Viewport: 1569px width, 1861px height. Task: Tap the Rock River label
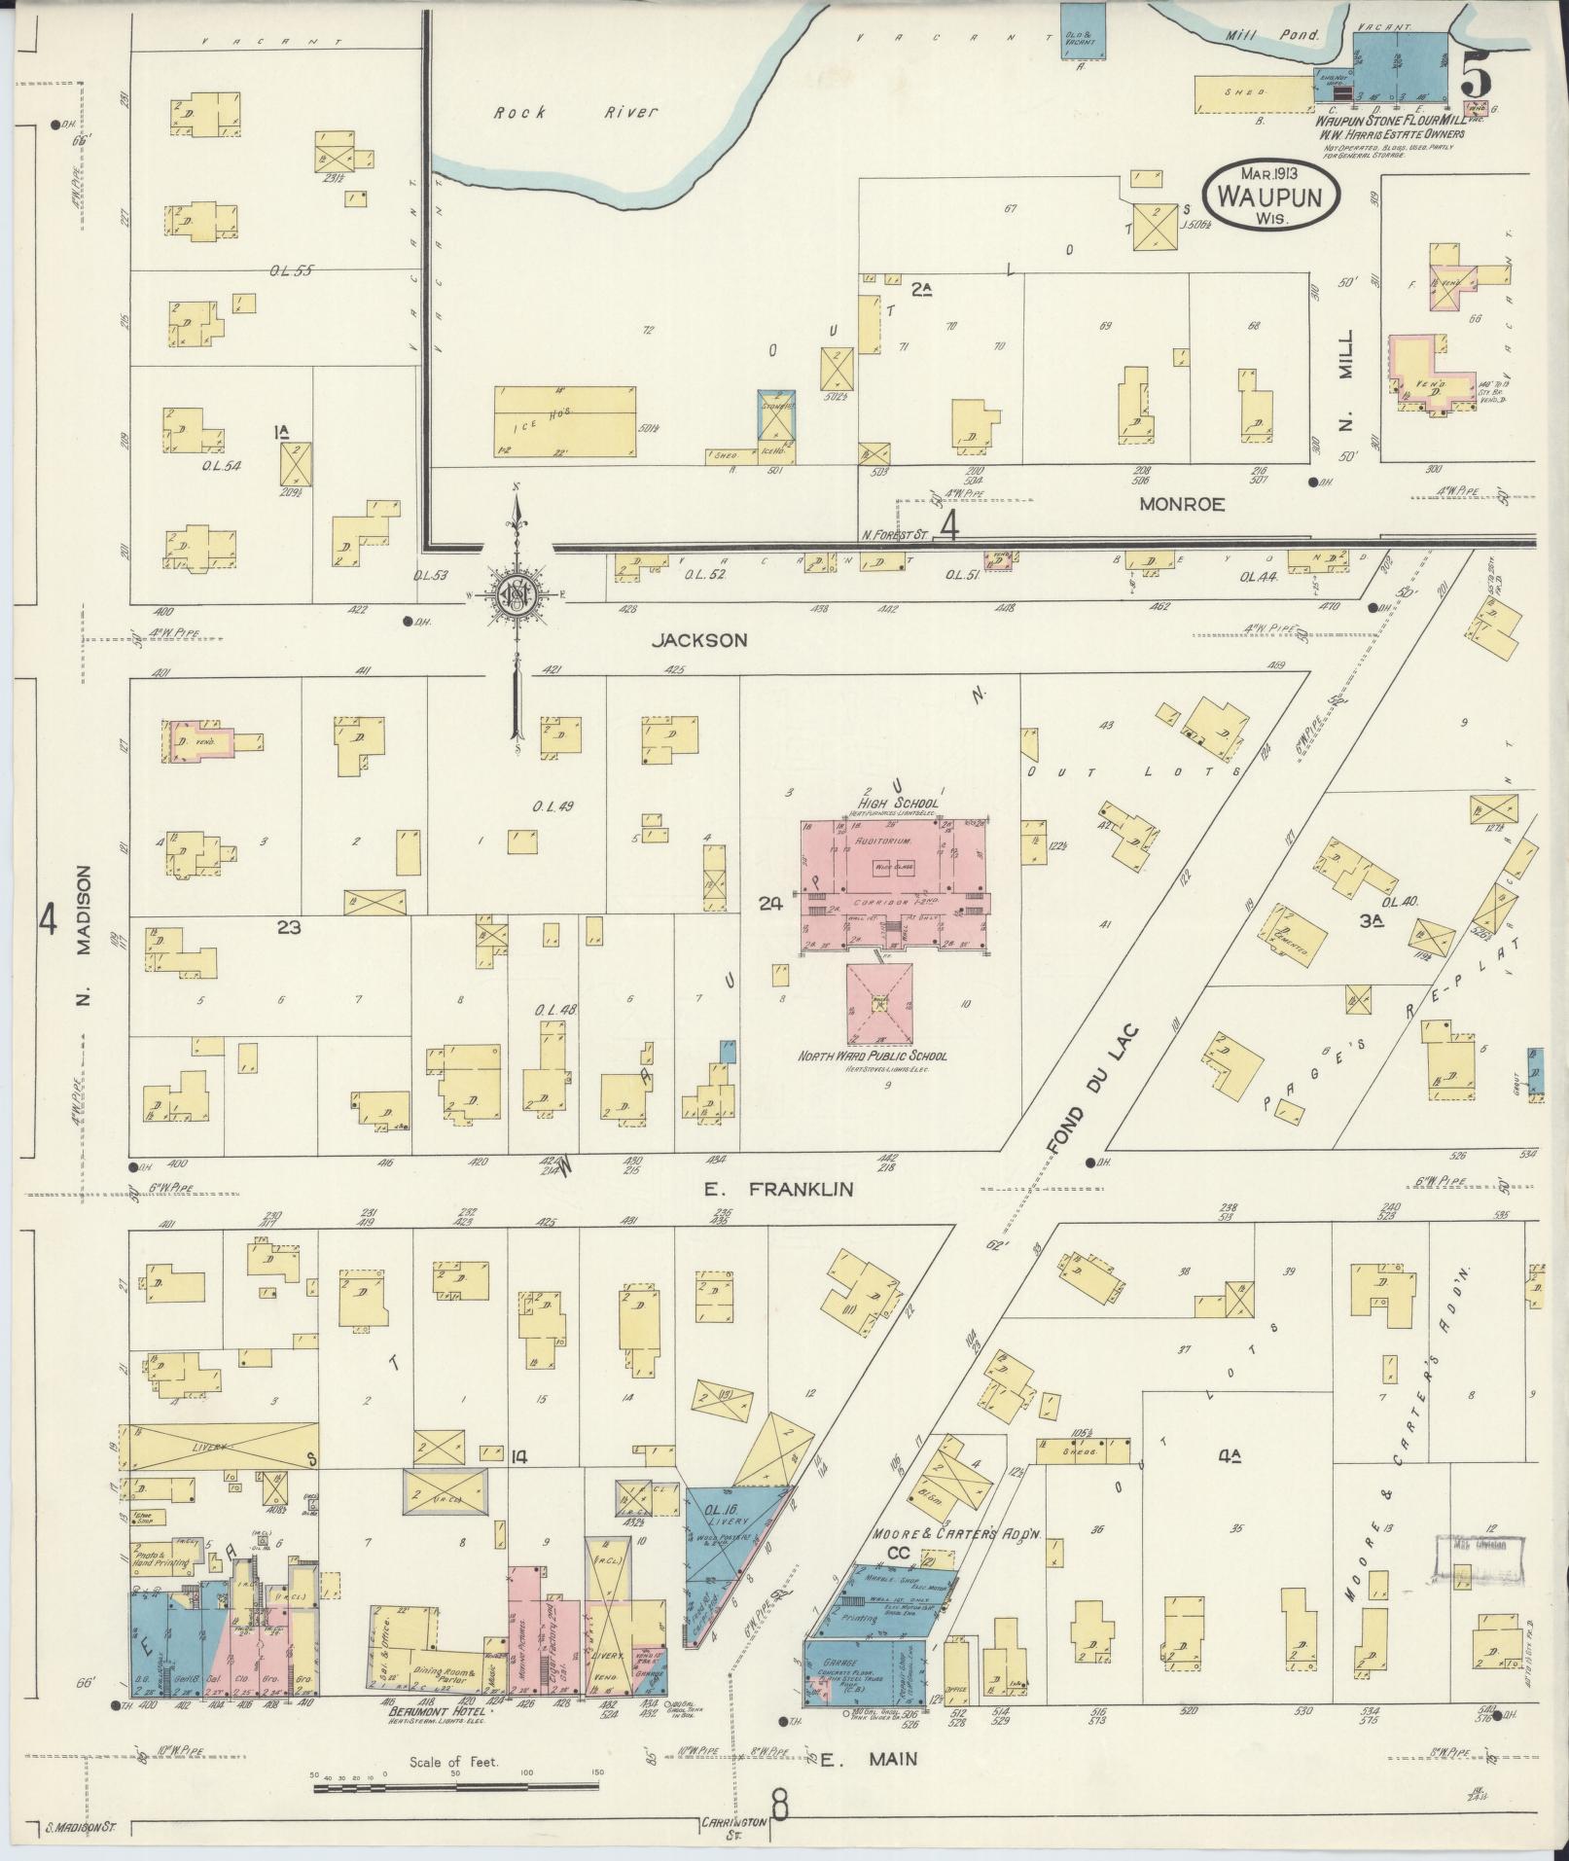point(575,113)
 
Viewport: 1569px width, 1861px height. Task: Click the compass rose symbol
point(517,592)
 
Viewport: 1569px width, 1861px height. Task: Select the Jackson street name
point(699,639)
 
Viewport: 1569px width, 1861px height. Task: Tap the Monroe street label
point(1181,504)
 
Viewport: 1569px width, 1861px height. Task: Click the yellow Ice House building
point(566,419)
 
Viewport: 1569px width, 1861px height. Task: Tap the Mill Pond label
point(1285,35)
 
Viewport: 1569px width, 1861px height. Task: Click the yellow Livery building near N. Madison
point(219,1447)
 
